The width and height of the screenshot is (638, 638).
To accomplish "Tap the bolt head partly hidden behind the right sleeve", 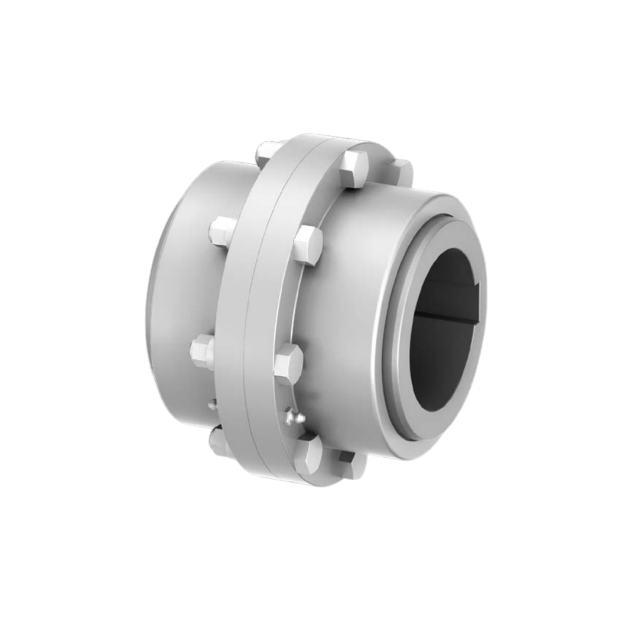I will [402, 171].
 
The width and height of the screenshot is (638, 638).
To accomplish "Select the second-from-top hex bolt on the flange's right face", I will [308, 244].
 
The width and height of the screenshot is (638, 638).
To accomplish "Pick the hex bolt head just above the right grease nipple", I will [288, 364].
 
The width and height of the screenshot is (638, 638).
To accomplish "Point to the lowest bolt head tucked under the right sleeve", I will [352, 464].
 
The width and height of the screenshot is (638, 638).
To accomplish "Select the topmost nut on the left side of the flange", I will [267, 152].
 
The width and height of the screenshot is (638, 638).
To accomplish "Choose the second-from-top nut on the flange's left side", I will [223, 231].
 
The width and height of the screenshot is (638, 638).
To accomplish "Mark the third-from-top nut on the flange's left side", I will [203, 352].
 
